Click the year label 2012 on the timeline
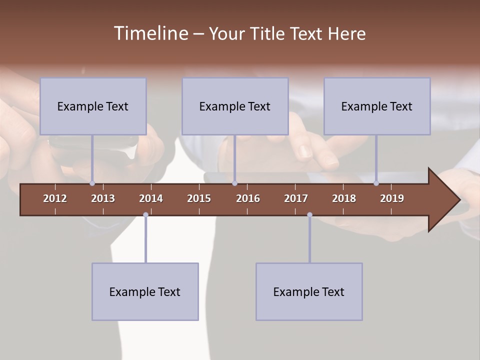55,198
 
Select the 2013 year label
103,198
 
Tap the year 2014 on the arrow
151,198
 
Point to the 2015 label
199,198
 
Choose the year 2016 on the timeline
248,198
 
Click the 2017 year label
296,198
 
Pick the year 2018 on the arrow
344,198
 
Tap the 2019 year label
392,198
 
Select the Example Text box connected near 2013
93,106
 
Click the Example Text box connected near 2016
235,106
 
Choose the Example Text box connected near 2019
377,106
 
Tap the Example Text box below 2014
145,291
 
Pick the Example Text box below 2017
309,291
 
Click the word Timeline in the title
150,33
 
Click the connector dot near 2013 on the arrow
92,183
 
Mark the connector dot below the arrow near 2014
145,215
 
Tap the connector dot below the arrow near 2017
309,215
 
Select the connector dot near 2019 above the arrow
376,183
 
